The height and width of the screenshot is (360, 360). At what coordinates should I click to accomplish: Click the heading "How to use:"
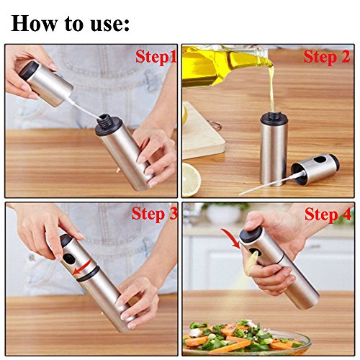(x=70, y=24)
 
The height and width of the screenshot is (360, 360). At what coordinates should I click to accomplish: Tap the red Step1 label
(x=156, y=57)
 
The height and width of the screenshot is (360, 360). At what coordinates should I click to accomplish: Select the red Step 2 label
(x=327, y=57)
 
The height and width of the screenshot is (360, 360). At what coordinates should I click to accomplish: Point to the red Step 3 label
(x=155, y=213)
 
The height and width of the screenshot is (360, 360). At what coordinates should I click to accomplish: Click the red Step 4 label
(x=328, y=214)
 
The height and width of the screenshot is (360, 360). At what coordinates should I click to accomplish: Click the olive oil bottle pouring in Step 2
(x=223, y=63)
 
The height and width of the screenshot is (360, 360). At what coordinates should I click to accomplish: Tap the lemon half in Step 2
(x=191, y=179)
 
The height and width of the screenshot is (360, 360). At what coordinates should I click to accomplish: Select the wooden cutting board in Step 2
(x=203, y=131)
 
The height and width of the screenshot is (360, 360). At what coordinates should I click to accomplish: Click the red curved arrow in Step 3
(x=83, y=268)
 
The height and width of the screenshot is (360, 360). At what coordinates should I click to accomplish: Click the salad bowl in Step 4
(x=247, y=338)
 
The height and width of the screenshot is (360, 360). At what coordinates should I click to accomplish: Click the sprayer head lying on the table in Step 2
(x=315, y=169)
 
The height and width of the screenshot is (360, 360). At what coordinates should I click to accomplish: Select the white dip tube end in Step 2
(x=240, y=194)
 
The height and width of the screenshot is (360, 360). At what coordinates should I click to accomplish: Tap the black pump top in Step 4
(x=250, y=234)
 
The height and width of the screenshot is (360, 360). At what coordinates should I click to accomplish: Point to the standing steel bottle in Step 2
(x=274, y=149)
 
